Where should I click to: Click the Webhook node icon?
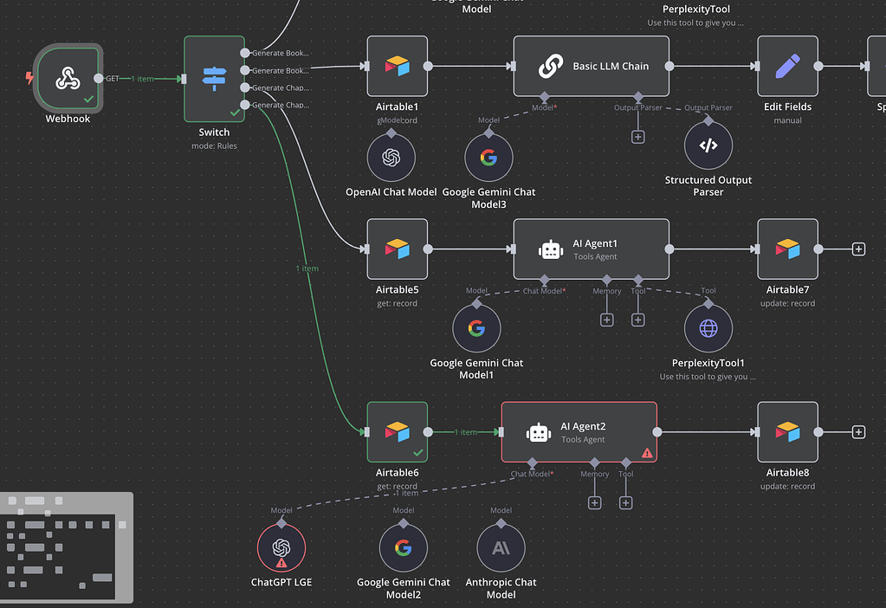[68, 79]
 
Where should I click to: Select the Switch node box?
[214, 79]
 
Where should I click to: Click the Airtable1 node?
[397, 66]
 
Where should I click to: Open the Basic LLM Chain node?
[591, 66]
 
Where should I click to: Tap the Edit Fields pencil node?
[787, 66]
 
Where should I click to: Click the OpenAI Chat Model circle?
[391, 158]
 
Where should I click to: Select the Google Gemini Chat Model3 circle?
[489, 158]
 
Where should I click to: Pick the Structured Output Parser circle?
[708, 146]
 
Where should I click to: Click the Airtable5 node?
[397, 249]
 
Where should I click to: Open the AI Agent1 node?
[591, 249]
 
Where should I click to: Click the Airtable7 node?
[787, 249]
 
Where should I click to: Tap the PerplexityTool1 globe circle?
[708, 328]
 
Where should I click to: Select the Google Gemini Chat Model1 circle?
[476, 328]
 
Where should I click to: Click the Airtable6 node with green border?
[397, 431]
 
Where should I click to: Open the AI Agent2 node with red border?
[579, 431]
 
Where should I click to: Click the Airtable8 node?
[787, 431]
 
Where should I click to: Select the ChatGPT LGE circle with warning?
[281, 547]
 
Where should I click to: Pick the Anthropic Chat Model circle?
[501, 547]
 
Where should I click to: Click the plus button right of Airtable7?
[858, 249]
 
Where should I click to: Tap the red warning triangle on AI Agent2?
[646, 452]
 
